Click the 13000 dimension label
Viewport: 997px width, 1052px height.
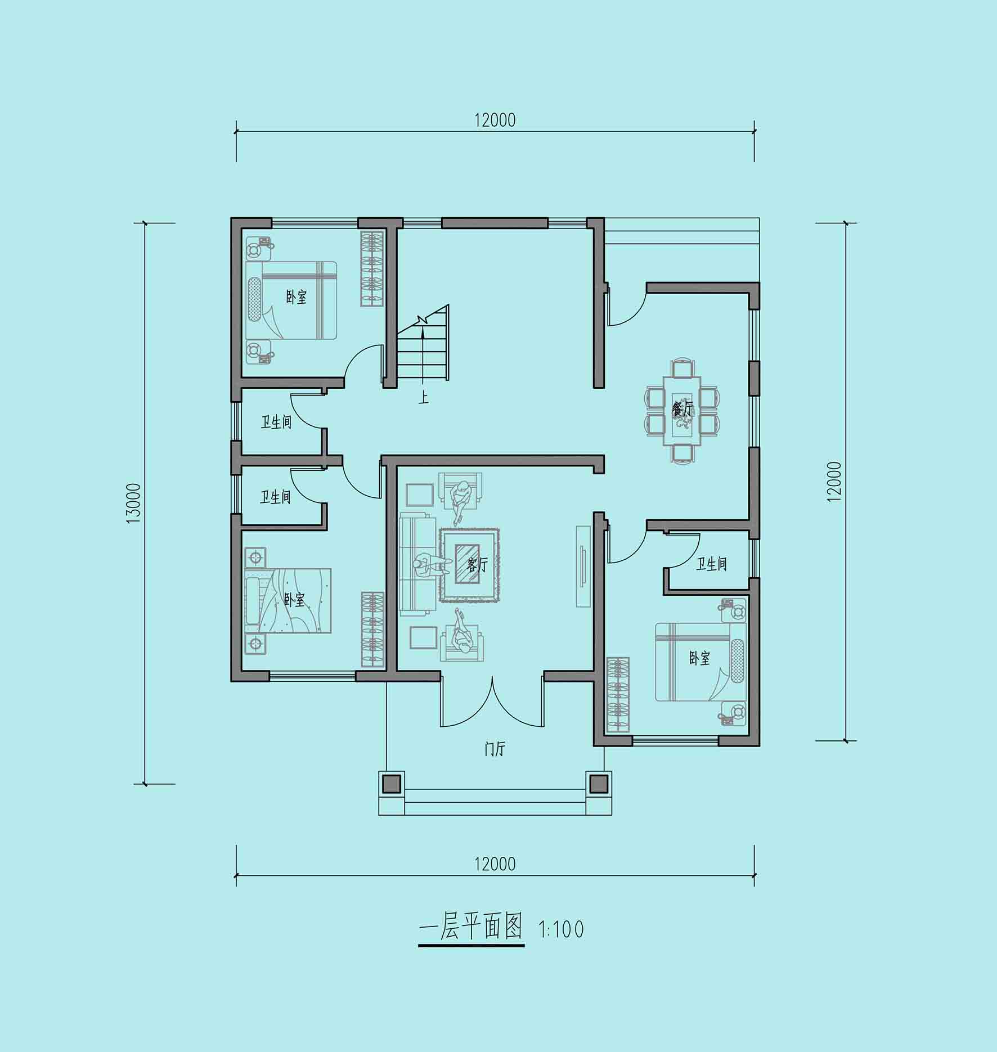133,503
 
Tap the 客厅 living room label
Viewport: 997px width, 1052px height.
477,565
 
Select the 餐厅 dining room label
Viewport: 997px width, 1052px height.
683,410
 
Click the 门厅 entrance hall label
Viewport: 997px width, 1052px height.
495,749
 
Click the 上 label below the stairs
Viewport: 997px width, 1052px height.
423,398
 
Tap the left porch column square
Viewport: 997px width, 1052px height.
392,783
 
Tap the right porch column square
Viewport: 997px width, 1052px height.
599,783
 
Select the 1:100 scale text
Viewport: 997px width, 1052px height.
562,929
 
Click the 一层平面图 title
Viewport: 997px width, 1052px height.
471,927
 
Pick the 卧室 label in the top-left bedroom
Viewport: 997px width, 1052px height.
297,297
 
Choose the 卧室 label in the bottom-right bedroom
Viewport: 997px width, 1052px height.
700,658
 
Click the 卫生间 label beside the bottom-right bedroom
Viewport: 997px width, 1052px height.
711,564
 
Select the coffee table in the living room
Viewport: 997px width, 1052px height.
466,565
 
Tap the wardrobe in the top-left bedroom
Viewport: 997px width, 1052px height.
372,268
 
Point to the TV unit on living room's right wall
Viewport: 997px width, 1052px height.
583,566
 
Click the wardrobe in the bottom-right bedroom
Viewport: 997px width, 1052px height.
617,695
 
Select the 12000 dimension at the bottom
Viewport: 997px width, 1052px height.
495,864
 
